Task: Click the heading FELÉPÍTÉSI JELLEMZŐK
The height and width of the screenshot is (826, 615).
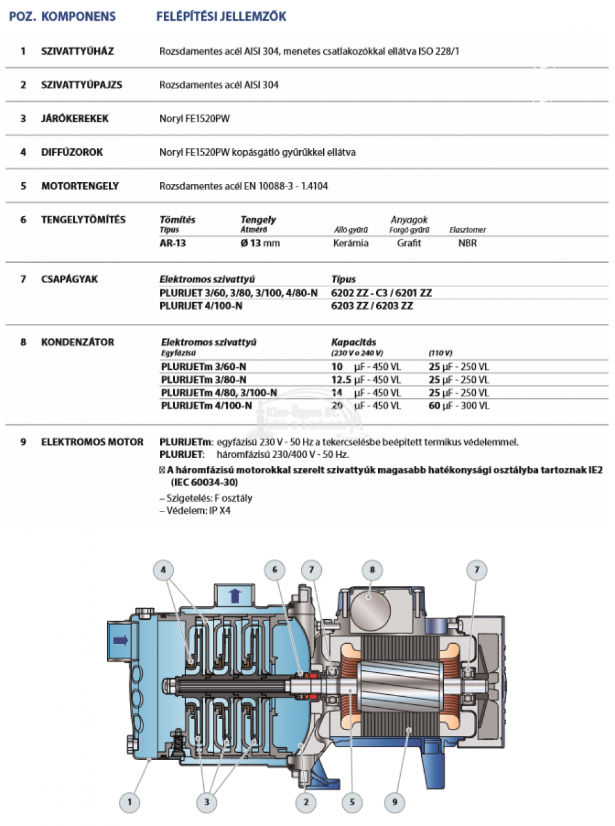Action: (x=221, y=17)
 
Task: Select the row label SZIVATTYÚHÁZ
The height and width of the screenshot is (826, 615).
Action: (x=78, y=51)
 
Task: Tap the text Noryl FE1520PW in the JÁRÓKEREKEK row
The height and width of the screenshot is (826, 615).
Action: (x=195, y=118)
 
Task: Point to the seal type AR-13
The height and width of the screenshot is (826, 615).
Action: (x=172, y=243)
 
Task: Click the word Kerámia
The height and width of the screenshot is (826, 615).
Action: (x=351, y=243)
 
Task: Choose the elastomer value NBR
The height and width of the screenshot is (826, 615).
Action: (x=467, y=243)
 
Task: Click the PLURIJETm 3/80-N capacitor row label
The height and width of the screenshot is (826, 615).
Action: (x=204, y=380)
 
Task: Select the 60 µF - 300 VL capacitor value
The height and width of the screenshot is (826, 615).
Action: (x=459, y=406)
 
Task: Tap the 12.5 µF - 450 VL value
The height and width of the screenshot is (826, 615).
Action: (x=366, y=380)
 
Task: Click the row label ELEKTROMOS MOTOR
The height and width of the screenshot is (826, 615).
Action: (x=92, y=442)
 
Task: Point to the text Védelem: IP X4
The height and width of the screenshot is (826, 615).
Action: (x=198, y=510)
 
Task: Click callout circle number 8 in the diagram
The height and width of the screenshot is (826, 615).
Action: (x=372, y=570)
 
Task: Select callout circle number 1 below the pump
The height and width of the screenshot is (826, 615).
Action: (x=129, y=802)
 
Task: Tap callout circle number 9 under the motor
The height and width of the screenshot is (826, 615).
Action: (x=395, y=802)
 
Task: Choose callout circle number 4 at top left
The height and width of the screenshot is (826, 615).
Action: (x=163, y=570)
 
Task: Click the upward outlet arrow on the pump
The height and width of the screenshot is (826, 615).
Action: (x=235, y=595)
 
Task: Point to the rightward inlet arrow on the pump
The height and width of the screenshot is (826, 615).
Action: (x=121, y=640)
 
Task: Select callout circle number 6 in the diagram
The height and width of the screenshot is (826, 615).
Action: (x=275, y=570)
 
